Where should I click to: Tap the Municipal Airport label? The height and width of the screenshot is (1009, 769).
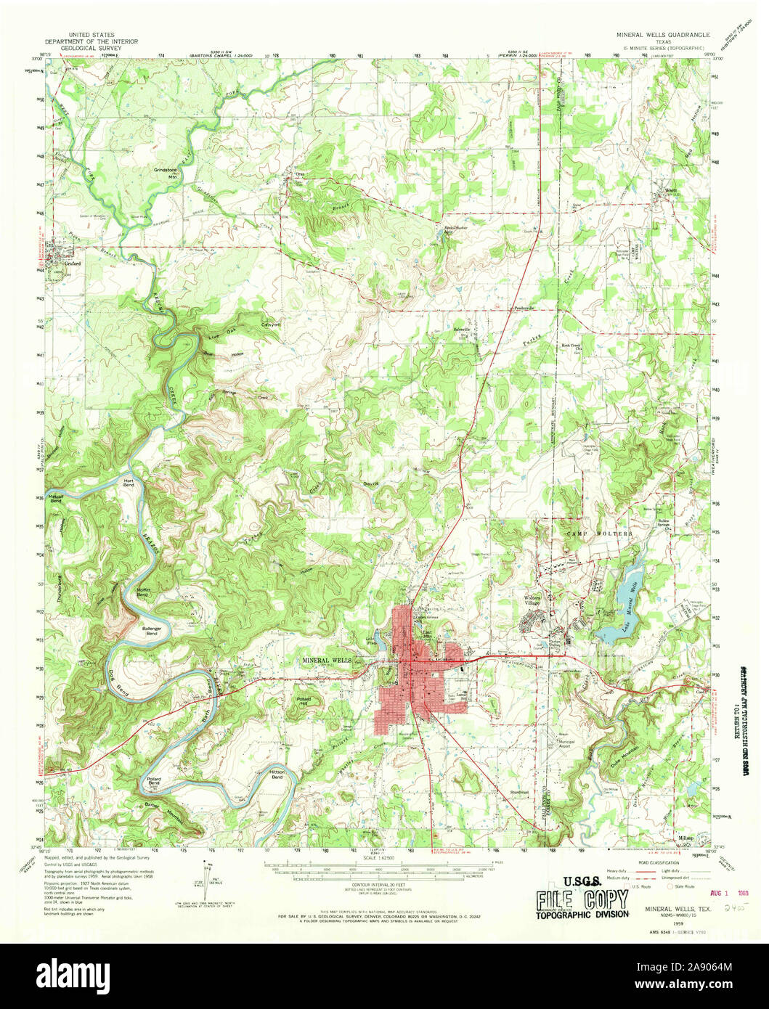566,741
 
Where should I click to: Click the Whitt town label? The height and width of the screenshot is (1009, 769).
672,192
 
